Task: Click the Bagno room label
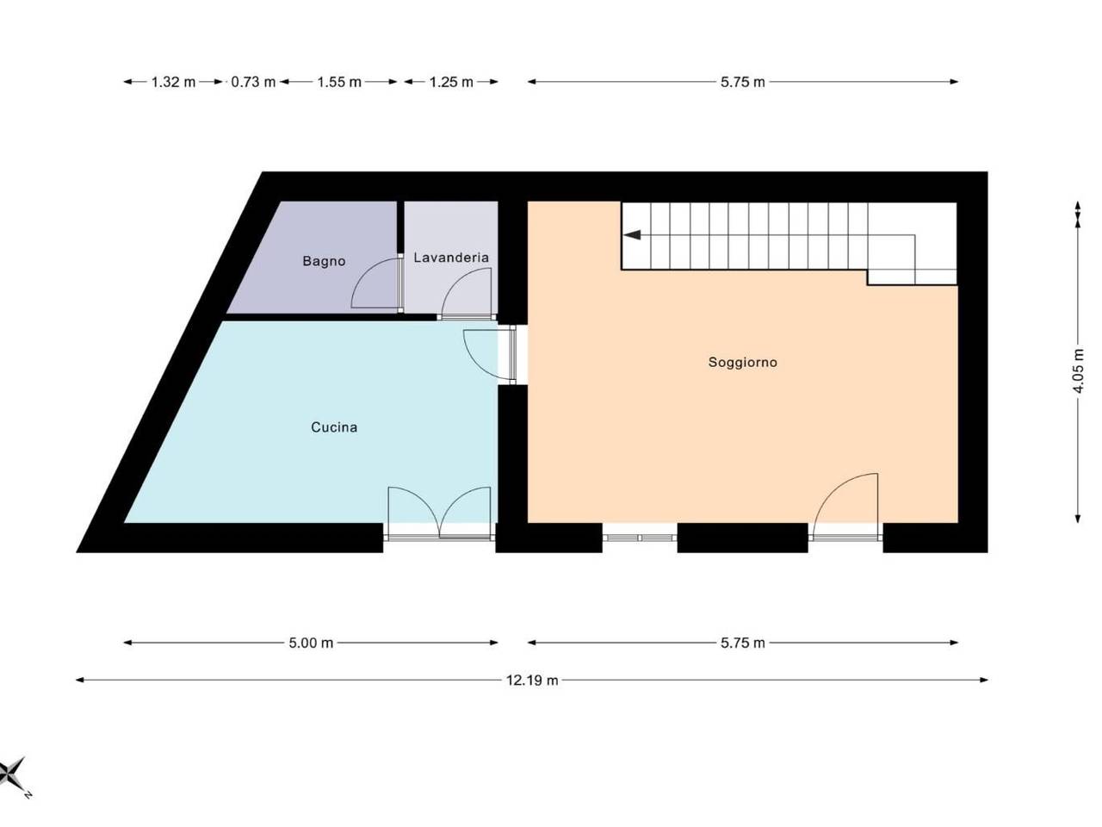click(x=324, y=261)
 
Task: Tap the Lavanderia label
click(x=450, y=258)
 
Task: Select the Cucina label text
click(x=334, y=427)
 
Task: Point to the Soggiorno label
click(x=742, y=363)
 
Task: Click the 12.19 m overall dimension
click(x=532, y=681)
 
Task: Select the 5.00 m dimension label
click(x=311, y=643)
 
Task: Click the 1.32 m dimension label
click(x=173, y=82)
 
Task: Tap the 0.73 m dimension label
click(x=253, y=82)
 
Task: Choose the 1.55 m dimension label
click(x=339, y=82)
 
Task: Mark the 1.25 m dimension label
click(x=451, y=82)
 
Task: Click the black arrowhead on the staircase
click(x=632, y=234)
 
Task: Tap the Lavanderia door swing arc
click(x=455, y=281)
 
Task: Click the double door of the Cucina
click(x=439, y=513)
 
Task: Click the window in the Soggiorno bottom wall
click(x=639, y=538)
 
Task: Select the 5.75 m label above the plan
click(x=742, y=82)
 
